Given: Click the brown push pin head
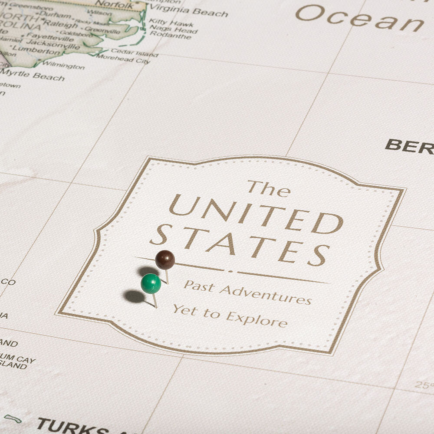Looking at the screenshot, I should click(165, 260).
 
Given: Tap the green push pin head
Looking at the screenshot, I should click(151, 283).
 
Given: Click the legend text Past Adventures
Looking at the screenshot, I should click(247, 292).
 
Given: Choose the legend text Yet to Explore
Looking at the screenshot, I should click(230, 316).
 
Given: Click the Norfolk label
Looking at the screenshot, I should click(114, 5).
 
